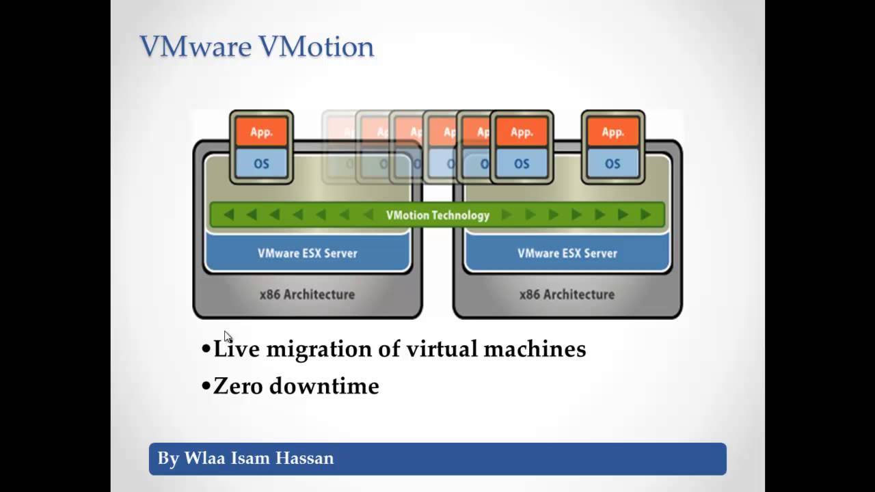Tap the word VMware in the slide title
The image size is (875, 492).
(x=196, y=47)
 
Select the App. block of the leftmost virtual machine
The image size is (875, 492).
(x=261, y=132)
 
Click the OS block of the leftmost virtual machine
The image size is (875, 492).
(x=261, y=164)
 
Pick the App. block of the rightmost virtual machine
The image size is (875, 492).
(x=612, y=132)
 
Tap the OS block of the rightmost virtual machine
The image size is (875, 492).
(x=612, y=164)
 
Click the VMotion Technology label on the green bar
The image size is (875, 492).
(x=437, y=215)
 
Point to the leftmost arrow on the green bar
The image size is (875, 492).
(x=229, y=215)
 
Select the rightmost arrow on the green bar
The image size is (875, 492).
(x=645, y=215)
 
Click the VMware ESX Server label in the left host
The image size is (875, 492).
(x=308, y=254)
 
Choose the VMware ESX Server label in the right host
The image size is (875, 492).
(x=567, y=254)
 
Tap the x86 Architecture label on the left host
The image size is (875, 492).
(x=307, y=295)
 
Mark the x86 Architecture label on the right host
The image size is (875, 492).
(x=567, y=295)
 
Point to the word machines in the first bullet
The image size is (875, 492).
(x=535, y=349)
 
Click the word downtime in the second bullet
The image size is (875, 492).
(x=324, y=386)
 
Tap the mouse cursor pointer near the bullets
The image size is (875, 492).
(x=228, y=336)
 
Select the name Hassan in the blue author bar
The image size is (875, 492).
(x=306, y=458)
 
